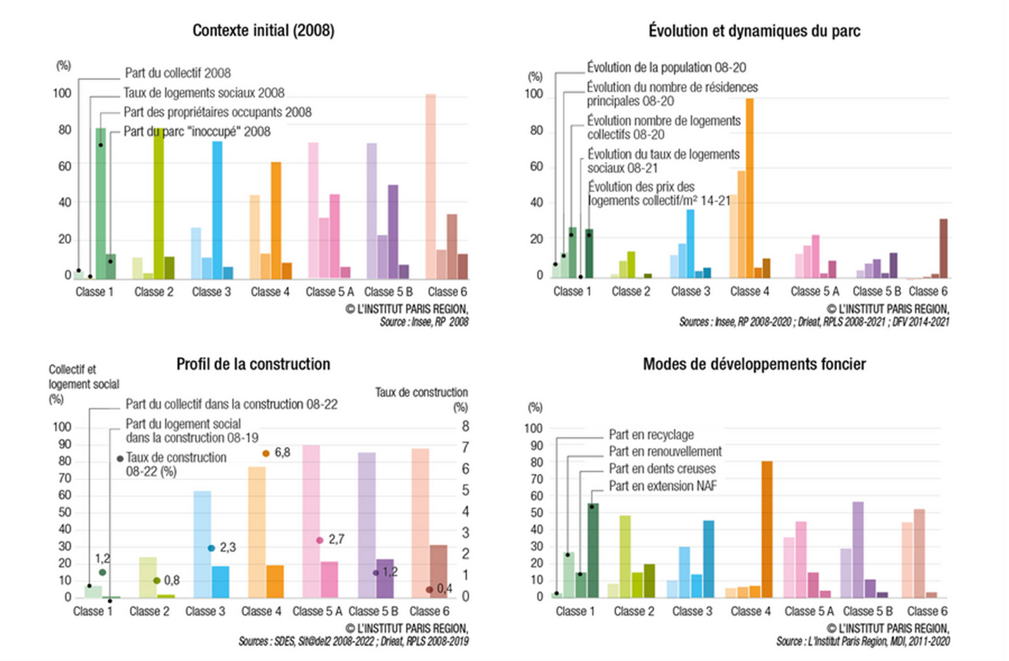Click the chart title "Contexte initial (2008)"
[x=263, y=30]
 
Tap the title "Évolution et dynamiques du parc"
[x=754, y=31]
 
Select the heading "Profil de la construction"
[x=253, y=364]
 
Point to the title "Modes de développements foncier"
[x=754, y=364]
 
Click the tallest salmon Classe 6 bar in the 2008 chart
[x=431, y=187]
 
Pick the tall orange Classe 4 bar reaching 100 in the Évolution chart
[x=750, y=188]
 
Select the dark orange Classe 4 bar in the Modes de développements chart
[x=767, y=529]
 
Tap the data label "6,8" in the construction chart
[x=283, y=452]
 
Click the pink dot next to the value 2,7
[x=320, y=540]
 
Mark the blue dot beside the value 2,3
[x=211, y=548]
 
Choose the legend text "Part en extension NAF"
[x=663, y=486]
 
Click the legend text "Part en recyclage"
[x=651, y=435]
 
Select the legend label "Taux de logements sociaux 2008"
[x=204, y=93]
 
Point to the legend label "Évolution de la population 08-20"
[x=666, y=67]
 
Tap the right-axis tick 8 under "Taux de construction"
[x=465, y=427]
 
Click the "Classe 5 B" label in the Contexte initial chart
[x=388, y=292]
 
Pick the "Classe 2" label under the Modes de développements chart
[x=634, y=611]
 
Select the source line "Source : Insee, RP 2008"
[x=424, y=322]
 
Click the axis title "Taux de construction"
[x=421, y=393]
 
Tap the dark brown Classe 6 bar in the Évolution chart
[x=943, y=248]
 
